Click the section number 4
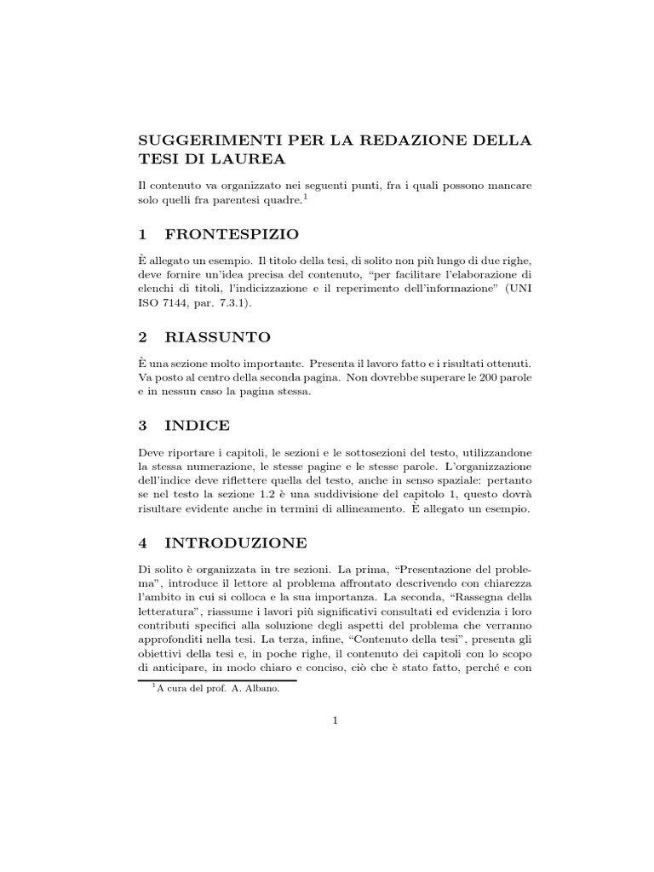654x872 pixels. click(x=143, y=542)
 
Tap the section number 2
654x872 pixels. click(x=143, y=337)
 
